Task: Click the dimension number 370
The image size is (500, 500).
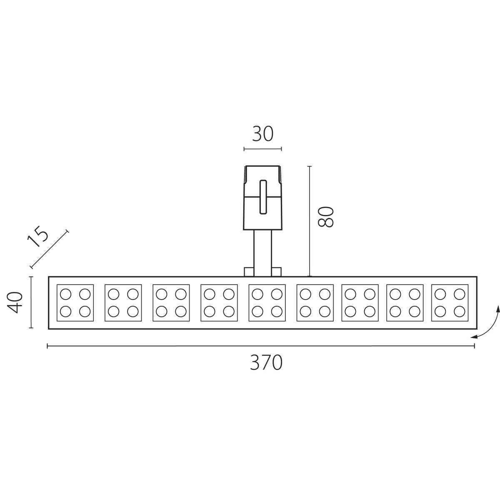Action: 266,363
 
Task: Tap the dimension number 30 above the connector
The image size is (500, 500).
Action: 262,134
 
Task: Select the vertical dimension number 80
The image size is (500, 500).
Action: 326,217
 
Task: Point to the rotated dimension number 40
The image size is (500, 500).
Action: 15,302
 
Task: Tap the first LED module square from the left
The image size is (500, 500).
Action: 75,303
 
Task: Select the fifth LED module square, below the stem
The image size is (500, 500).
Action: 267,303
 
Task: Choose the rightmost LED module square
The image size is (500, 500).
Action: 450,303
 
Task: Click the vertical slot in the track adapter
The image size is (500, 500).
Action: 263,197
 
